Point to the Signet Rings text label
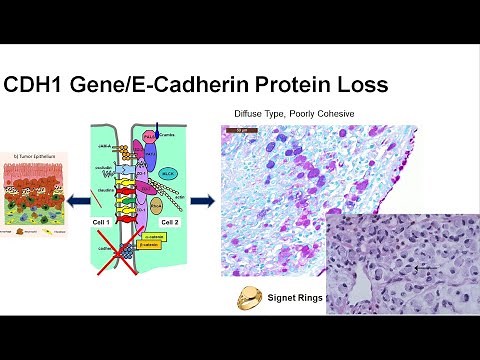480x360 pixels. (295, 298)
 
